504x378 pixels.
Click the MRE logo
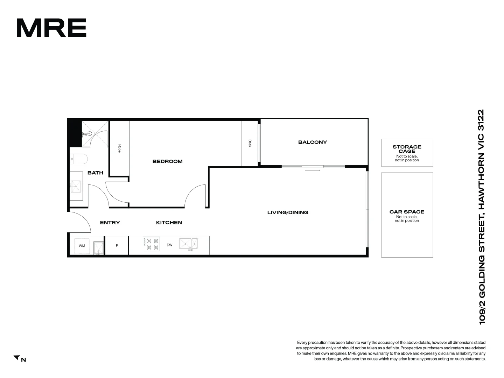tap(51, 28)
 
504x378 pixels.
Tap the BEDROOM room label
tap(167, 161)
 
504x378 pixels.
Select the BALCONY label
tap(313, 142)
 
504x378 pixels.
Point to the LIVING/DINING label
tap(288, 212)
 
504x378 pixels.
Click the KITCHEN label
tap(169, 223)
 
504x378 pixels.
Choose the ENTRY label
tap(110, 223)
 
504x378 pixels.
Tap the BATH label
tap(95, 173)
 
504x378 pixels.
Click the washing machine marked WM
tap(82, 246)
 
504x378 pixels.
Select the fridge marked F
tap(117, 246)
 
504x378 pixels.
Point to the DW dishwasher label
tap(169, 245)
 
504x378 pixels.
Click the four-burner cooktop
tap(152, 244)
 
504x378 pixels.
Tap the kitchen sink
tap(188, 244)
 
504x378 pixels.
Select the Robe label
tap(119, 148)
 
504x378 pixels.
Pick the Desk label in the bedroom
tap(250, 143)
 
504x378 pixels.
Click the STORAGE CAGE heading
tap(407, 149)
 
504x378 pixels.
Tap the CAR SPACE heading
tap(407, 212)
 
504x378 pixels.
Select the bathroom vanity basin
tap(76, 186)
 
